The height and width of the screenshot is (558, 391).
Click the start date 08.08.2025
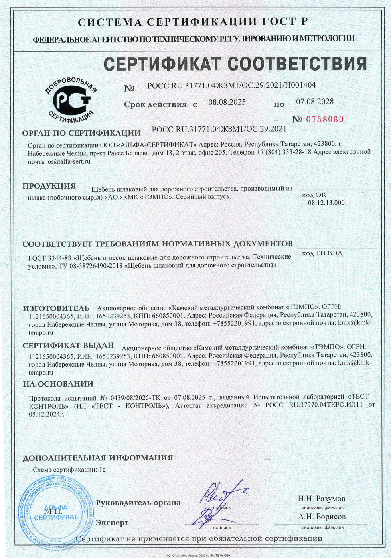click(227, 102)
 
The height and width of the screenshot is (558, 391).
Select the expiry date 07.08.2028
click(314, 102)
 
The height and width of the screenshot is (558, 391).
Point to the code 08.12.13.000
click(326, 203)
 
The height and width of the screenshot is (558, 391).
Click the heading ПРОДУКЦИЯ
click(49, 186)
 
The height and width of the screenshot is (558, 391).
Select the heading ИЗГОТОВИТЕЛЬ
click(56, 308)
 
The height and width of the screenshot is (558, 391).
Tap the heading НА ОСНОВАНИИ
click(58, 384)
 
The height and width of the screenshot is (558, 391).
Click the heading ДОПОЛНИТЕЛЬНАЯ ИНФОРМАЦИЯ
click(98, 458)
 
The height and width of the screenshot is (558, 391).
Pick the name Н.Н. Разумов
click(322, 499)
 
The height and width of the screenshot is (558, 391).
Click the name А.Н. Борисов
click(322, 517)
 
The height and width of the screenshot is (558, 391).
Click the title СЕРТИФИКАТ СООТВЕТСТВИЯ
click(235, 64)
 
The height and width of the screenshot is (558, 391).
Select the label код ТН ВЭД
click(322, 253)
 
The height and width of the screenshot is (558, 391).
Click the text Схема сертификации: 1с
click(69, 470)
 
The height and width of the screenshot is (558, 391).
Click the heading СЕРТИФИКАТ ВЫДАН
click(68, 346)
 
